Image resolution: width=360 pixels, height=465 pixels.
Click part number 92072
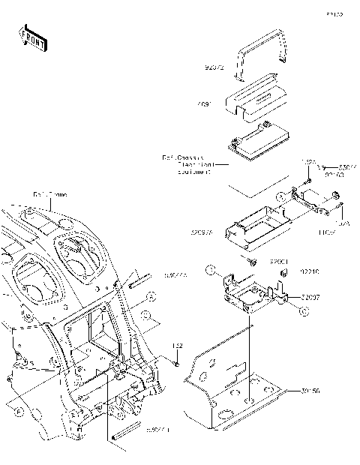pyautogui.click(x=215, y=67)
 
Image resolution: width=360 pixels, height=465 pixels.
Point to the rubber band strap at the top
pyautogui.click(x=262, y=57)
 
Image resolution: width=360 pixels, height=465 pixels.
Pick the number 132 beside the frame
pyautogui.click(x=178, y=346)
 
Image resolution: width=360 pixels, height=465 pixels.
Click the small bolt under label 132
pyautogui.click(x=176, y=362)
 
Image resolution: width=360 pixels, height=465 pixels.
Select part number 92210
pyautogui.click(x=310, y=271)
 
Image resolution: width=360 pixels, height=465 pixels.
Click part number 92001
pyautogui.click(x=280, y=261)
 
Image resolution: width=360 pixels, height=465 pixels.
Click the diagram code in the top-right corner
pyautogui.click(x=334, y=14)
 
